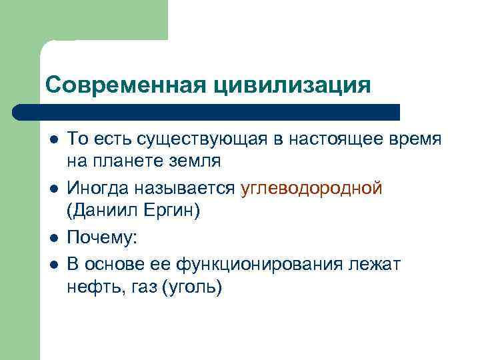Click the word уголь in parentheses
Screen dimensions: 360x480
[x=196, y=287]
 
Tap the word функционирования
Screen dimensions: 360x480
[x=262, y=265]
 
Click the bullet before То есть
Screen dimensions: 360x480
[x=52, y=139]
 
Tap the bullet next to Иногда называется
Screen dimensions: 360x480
[x=52, y=189]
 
